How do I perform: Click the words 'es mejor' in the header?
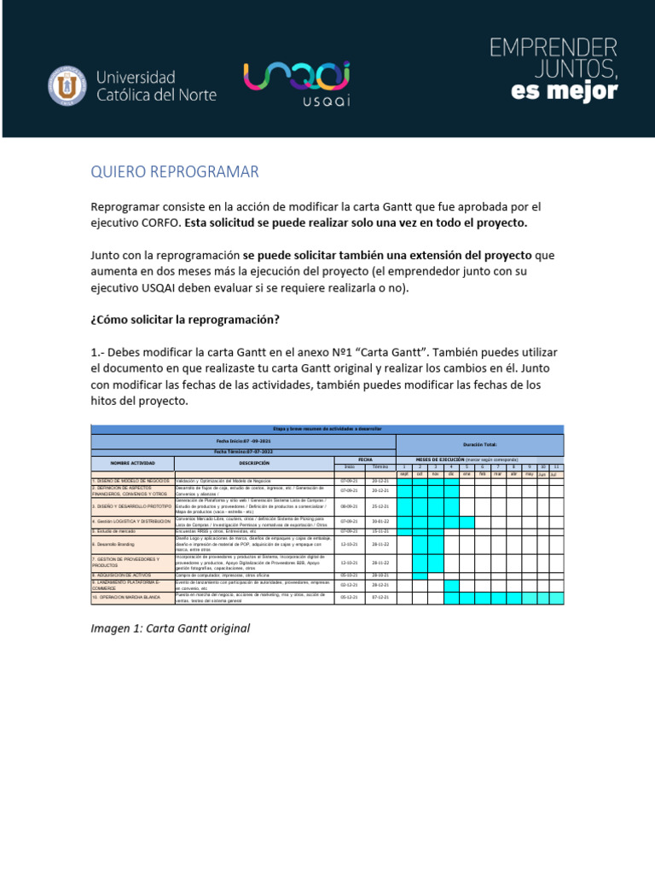point(564,91)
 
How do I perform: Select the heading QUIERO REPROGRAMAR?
point(174,172)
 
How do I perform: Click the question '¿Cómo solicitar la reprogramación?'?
point(185,319)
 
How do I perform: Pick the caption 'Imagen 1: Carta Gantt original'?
point(171,628)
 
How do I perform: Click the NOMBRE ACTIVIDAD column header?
point(132,462)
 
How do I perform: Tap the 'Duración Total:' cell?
point(479,445)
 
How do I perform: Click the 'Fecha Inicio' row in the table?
point(243,441)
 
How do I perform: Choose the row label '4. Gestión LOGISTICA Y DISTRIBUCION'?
point(132,521)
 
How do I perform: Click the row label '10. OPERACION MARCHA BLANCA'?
point(132,598)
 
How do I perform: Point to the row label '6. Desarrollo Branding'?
point(132,543)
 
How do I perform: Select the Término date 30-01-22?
point(380,521)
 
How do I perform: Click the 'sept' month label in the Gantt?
point(404,474)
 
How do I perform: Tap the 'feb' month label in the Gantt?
point(482,474)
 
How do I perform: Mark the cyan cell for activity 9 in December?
point(451,585)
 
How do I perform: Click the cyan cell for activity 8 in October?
point(420,575)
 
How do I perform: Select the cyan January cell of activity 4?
point(467,521)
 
